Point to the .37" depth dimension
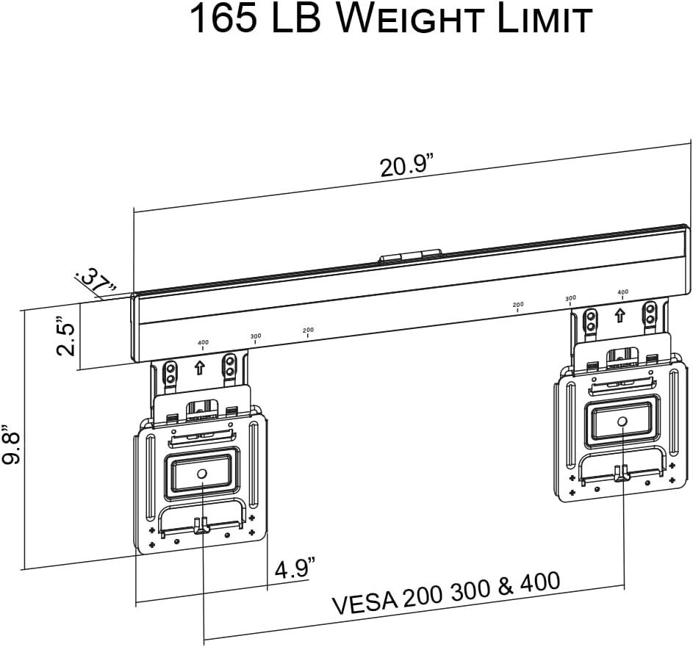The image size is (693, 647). pos(96,281)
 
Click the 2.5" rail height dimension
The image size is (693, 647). pos(66,336)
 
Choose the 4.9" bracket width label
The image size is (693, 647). pos(295,568)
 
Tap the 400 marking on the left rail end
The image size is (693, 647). pos(202,343)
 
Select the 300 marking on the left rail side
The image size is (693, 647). pos(255,336)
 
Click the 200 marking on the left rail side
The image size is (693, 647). pos(308,330)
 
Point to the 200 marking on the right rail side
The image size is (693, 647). pos(517,304)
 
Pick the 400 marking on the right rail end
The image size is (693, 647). pos(622,292)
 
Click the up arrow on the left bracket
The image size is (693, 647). pos(199,368)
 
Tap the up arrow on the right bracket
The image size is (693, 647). pos(620,316)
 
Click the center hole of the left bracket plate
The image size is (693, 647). pos(201,474)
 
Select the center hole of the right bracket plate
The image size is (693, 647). pos(622,421)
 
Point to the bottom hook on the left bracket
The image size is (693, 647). pos(201,524)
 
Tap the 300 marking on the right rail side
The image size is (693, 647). pos(570,298)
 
